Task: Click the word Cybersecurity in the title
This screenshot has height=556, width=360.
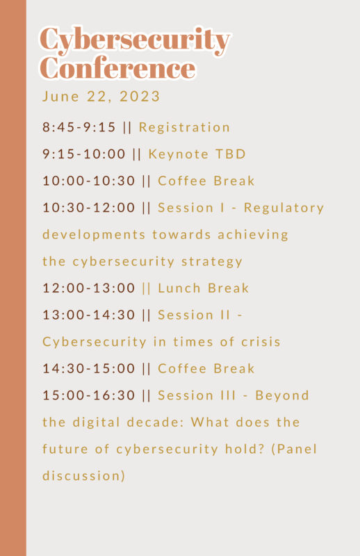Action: coord(135,41)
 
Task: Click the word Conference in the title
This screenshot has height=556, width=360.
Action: coord(117,67)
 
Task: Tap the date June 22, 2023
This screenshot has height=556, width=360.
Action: coord(101,97)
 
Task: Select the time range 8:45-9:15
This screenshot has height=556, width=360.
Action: coord(79,127)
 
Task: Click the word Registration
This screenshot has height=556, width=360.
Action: coord(184,128)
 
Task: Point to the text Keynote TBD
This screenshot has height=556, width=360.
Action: coord(197,154)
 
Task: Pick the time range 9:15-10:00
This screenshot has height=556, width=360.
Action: coord(84,154)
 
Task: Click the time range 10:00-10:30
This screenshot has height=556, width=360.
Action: coord(89,181)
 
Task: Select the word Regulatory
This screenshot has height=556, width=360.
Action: coord(284,208)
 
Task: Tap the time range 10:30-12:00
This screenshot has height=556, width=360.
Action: coord(89,207)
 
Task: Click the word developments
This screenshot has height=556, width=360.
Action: coord(94,235)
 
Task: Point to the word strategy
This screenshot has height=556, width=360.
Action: coord(212,262)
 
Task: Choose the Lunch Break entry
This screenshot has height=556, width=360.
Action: coord(203,288)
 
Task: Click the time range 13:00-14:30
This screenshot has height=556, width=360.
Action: coord(89,315)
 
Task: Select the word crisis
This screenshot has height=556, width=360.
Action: coord(261,342)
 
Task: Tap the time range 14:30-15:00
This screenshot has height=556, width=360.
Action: coord(89,368)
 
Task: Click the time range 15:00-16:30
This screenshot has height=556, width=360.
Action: coord(89,395)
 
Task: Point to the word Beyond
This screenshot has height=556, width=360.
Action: coord(282,395)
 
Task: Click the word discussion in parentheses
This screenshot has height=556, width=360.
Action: coord(82,476)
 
